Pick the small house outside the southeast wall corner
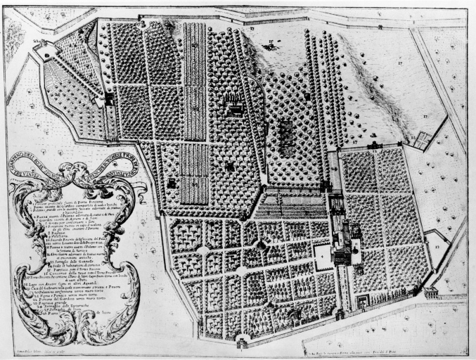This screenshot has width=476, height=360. (x=431, y=290)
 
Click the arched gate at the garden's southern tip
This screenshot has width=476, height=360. (x=243, y=342)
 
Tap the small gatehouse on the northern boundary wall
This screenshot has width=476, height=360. (x=380, y=26)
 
